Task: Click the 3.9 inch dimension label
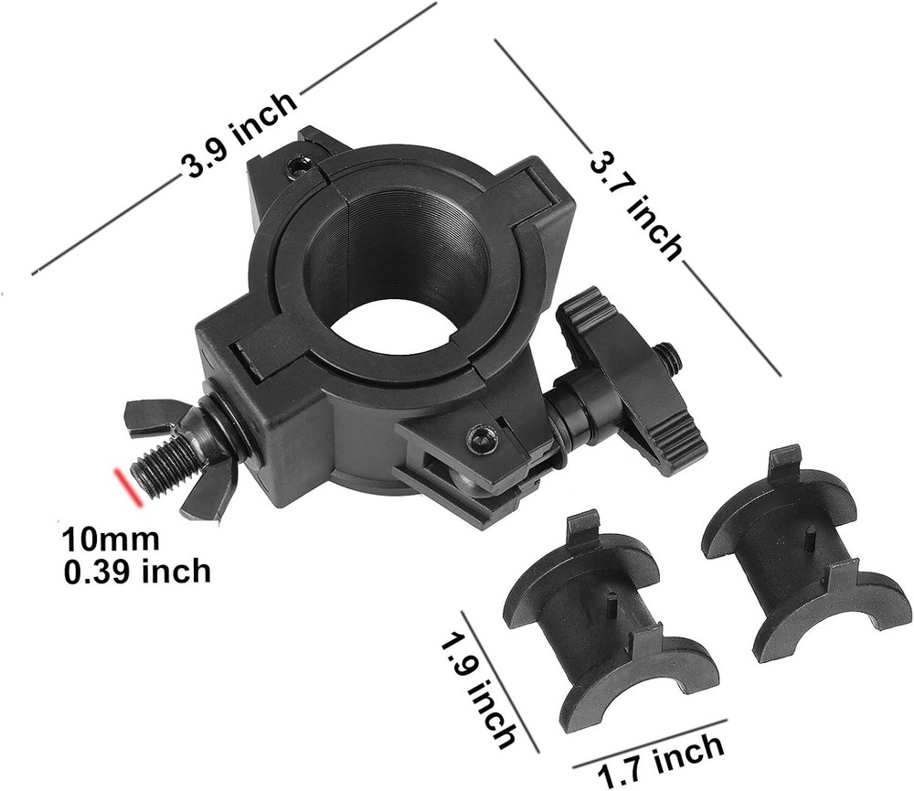(240, 137)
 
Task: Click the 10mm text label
(110, 540)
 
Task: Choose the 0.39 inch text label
(137, 572)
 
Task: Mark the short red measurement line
(126, 486)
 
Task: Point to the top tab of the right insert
(783, 463)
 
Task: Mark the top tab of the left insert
(582, 529)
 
